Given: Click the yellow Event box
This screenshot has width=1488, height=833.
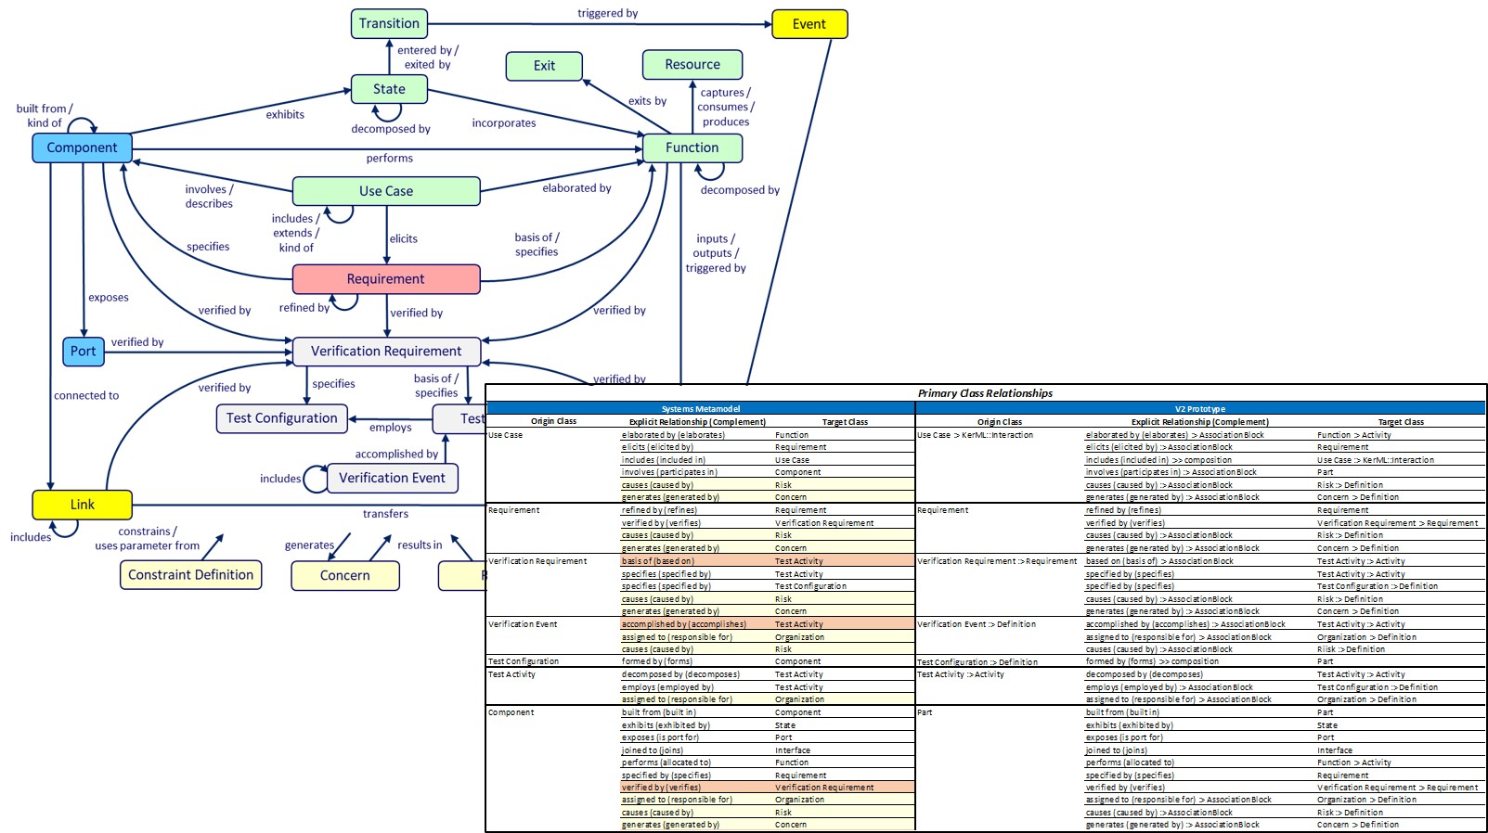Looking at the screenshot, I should [809, 24].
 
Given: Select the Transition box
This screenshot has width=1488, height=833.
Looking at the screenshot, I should [389, 23].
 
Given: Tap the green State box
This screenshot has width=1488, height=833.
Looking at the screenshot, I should [389, 89].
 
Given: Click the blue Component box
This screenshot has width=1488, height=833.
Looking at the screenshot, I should [82, 147].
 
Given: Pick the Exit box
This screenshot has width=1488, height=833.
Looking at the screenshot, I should [544, 66].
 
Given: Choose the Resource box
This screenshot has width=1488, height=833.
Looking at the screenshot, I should [692, 64].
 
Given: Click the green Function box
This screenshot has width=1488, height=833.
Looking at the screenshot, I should [692, 147].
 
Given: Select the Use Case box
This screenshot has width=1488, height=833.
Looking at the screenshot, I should [386, 191].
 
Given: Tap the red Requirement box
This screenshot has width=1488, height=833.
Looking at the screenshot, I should [386, 279].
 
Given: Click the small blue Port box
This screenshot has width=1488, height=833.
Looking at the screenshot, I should [83, 351].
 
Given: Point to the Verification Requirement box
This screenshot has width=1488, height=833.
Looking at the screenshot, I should [386, 352].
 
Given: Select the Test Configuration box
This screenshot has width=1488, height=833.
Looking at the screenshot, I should [282, 418].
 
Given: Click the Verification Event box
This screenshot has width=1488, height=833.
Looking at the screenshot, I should [392, 478].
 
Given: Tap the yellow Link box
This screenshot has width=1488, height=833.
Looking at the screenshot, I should [82, 505].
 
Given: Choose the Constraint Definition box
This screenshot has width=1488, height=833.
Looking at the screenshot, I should [190, 575].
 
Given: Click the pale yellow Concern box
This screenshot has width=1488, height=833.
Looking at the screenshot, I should [344, 575].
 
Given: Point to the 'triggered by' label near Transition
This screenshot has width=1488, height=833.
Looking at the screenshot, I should [607, 13].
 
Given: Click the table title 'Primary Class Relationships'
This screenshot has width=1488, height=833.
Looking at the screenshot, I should [985, 393].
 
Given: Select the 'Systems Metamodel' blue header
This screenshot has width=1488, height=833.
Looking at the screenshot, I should [700, 409].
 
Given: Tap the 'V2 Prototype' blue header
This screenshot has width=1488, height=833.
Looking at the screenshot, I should [1199, 409].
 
